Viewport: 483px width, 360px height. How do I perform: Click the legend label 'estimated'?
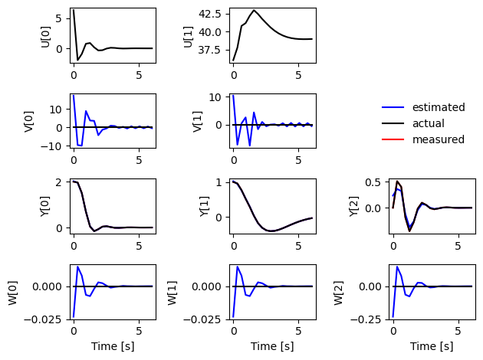click(439, 107)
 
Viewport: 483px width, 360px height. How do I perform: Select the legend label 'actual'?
click(428, 123)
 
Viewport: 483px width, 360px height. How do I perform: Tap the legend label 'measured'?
click(439, 139)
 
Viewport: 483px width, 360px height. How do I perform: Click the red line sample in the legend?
click(393, 139)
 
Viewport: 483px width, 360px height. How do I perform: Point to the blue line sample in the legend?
click(393, 107)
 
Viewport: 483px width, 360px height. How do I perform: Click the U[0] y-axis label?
click(45, 37)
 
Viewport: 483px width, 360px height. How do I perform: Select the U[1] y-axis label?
click(188, 37)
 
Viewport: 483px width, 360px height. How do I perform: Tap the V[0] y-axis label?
click(28, 122)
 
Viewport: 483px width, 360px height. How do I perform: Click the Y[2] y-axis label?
click(354, 207)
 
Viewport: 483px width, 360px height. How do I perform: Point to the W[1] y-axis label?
click(172, 293)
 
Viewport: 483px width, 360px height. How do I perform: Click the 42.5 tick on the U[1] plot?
click(210, 14)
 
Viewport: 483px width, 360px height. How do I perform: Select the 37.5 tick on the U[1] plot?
click(210, 50)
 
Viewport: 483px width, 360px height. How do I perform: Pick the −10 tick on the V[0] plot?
click(52, 146)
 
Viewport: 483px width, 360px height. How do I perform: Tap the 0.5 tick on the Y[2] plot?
click(373, 182)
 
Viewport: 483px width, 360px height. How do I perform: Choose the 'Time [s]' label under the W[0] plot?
click(113, 346)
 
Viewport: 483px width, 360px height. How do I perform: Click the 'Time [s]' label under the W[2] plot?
click(432, 346)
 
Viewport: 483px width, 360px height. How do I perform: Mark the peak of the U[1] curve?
click(254, 10)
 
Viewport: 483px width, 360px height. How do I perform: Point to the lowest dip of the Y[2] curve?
click(409, 231)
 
